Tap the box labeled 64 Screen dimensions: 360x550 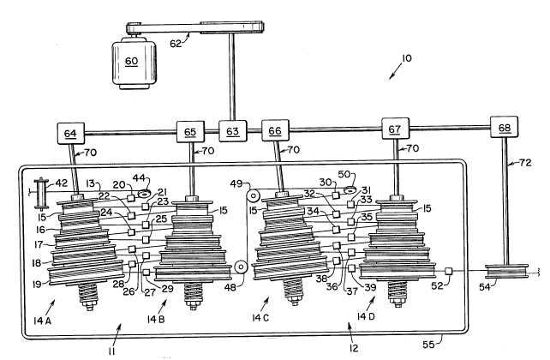coord(69,133)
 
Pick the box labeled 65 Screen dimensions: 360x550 coord(190,132)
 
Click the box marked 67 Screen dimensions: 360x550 coord(395,129)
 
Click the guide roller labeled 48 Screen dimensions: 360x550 coord(242,267)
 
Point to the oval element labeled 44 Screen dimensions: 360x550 coord(142,193)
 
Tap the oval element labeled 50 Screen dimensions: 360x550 coord(350,189)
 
